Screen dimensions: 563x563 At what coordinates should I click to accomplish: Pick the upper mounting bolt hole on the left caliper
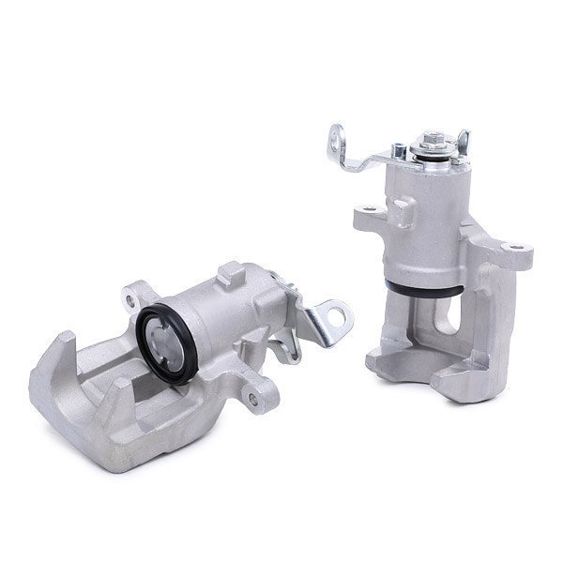tap(129, 299)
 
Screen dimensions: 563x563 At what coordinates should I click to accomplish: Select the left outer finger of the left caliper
tap(52, 361)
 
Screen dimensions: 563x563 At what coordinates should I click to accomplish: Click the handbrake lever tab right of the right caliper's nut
tap(461, 141)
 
